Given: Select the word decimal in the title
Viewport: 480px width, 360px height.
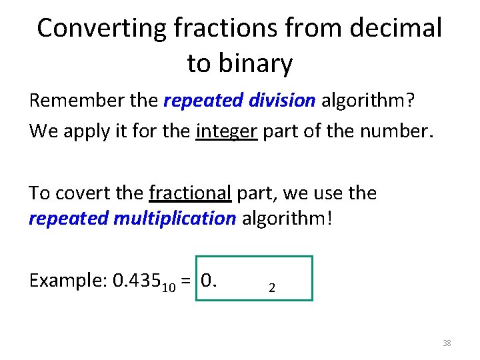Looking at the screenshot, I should (x=397, y=28).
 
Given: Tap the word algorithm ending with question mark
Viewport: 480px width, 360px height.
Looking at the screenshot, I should (x=369, y=101).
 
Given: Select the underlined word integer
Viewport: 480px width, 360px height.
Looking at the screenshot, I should (x=227, y=131).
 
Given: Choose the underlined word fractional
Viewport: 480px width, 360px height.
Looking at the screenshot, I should (x=190, y=193).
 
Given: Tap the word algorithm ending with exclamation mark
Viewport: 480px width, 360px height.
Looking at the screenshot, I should (x=288, y=219).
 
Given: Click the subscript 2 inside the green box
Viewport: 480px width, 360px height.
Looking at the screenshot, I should (x=271, y=288).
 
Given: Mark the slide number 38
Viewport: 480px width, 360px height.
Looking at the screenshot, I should (x=447, y=343).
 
